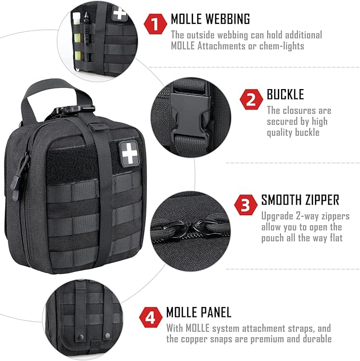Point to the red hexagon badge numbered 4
click(150, 318)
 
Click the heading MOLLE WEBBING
click(210, 20)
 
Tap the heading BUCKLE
click(285, 95)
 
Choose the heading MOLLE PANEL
click(199, 312)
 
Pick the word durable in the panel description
click(318, 339)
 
